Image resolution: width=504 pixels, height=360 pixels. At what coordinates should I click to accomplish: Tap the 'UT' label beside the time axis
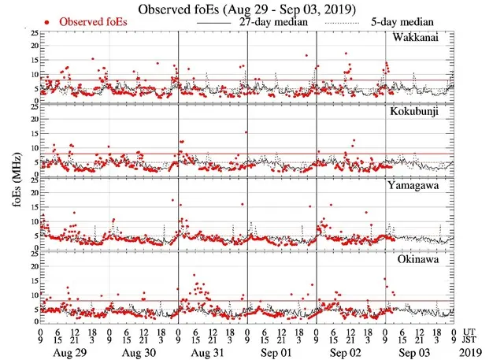click(x=470, y=332)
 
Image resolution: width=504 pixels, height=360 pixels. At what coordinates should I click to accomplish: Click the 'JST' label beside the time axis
click(x=472, y=340)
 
